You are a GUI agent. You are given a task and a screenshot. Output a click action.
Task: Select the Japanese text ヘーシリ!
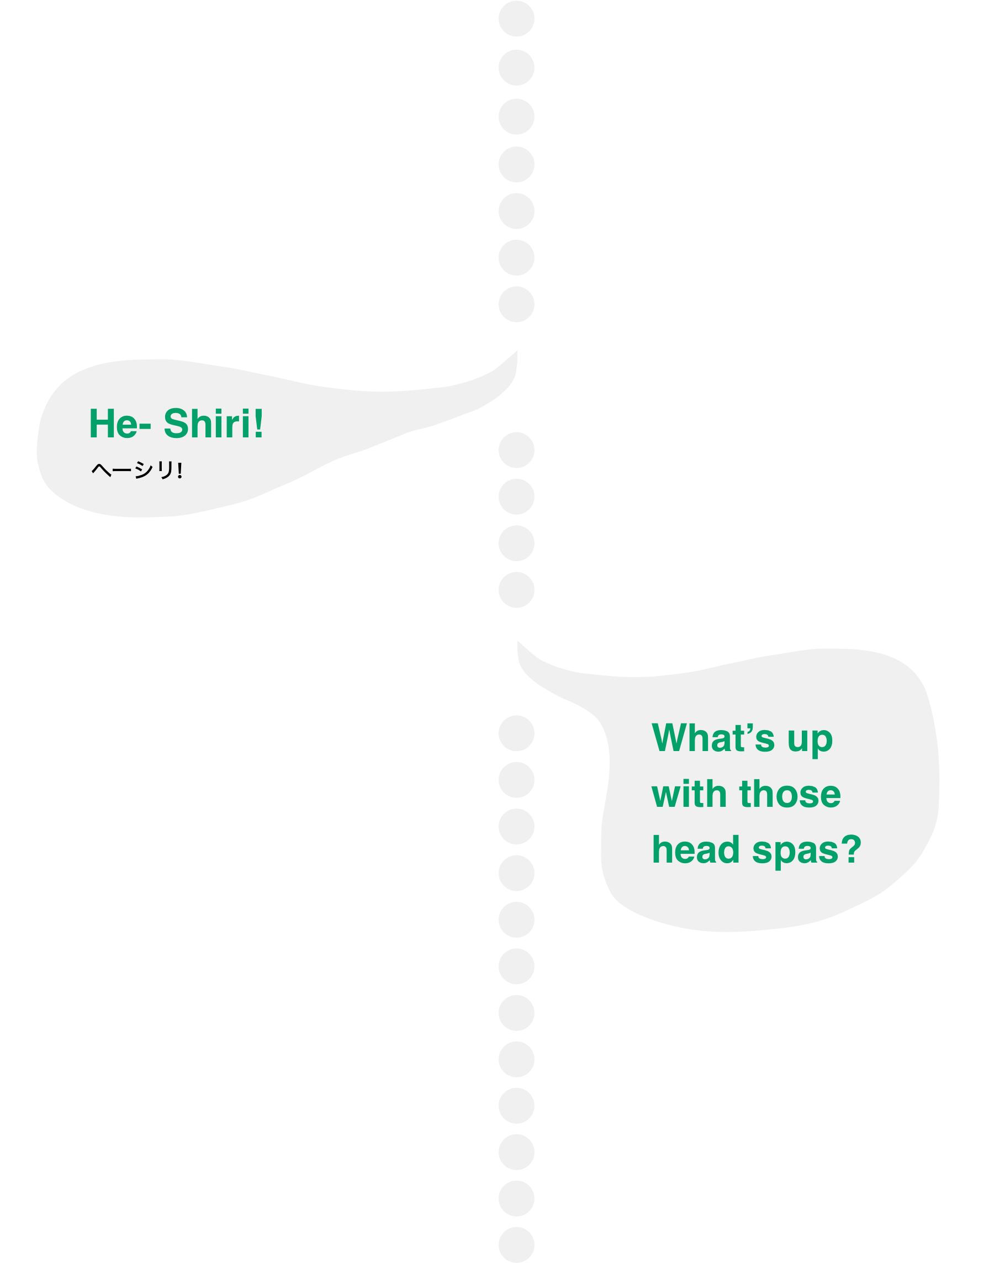click(x=138, y=470)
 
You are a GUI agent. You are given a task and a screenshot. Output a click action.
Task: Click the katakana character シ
click(x=144, y=470)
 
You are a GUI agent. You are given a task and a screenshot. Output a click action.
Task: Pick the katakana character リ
click(x=165, y=470)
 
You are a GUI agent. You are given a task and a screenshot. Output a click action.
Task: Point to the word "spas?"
click(x=807, y=850)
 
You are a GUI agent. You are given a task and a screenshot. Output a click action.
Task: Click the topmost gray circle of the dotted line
click(x=516, y=19)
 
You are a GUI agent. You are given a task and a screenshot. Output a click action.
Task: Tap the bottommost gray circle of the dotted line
click(x=516, y=1245)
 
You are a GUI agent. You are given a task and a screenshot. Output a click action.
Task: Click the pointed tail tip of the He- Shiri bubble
click(x=517, y=350)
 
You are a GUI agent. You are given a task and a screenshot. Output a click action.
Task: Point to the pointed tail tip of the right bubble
click(x=517, y=641)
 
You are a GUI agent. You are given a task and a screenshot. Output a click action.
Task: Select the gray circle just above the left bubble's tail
click(x=516, y=304)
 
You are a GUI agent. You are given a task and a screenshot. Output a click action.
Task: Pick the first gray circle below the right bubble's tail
click(x=516, y=733)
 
